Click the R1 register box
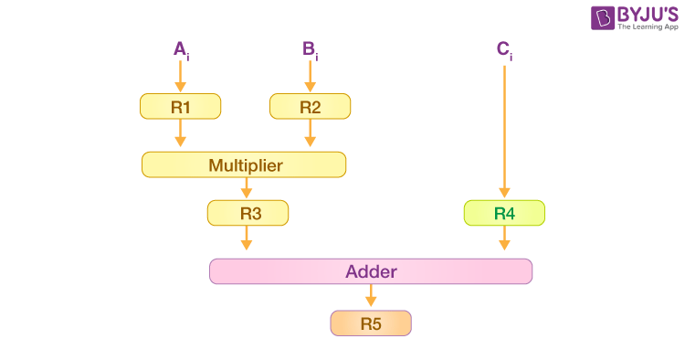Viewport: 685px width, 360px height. click(x=180, y=107)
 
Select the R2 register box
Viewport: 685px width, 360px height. click(x=310, y=107)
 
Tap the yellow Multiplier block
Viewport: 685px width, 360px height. click(x=244, y=165)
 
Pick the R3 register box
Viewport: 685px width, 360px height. click(x=248, y=214)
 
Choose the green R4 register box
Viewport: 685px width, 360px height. click(x=504, y=214)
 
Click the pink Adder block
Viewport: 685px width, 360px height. click(x=370, y=271)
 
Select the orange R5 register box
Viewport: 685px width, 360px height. click(x=370, y=323)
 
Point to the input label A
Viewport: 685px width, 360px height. click(x=181, y=49)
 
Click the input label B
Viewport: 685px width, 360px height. click(x=310, y=49)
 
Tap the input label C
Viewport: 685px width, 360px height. click(x=504, y=49)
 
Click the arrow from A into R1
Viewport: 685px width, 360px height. click(x=180, y=77)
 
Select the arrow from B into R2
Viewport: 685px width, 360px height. click(x=310, y=77)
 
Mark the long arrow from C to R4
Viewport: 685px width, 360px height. click(x=504, y=128)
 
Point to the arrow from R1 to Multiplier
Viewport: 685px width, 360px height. click(x=180, y=134)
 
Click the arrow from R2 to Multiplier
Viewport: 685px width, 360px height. click(x=310, y=134)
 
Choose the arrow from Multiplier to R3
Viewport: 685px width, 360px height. click(x=246, y=188)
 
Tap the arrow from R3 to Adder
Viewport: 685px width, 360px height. click(x=246, y=238)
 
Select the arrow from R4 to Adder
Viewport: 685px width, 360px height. click(x=504, y=238)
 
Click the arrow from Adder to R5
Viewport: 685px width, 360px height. click(x=370, y=296)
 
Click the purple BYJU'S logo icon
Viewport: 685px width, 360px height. click(x=603, y=18)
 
